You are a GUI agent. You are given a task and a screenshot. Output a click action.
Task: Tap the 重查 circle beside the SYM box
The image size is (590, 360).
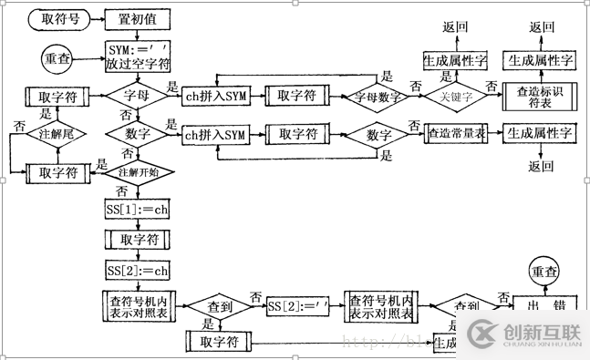point(56,57)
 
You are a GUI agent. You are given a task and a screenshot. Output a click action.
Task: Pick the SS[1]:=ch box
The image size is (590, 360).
point(136,210)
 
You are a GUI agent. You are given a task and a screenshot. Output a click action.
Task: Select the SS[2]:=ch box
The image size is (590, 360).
point(136,271)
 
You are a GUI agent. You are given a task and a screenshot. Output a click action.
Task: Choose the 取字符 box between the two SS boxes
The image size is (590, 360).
point(136,240)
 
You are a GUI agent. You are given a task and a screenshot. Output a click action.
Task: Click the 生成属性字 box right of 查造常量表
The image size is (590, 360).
point(542,134)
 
